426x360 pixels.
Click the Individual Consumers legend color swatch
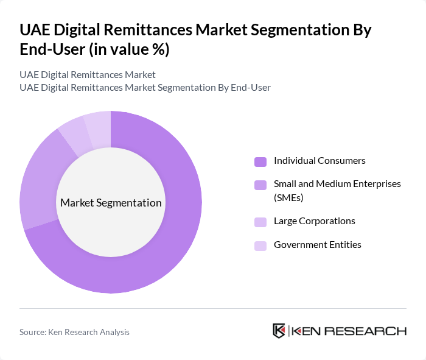260,161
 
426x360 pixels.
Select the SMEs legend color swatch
260,185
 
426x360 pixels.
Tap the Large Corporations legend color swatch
260,222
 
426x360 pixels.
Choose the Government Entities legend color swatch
260,245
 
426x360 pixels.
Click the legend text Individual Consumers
319,161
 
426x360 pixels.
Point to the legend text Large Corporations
314,221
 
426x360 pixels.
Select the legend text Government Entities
317,245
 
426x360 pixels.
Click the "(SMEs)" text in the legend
288,197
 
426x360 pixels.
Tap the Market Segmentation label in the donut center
111,203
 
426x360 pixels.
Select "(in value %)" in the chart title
129,51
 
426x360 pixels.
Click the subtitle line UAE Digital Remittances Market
87,75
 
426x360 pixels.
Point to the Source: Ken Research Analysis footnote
74,332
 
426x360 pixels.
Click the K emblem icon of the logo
279,331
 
